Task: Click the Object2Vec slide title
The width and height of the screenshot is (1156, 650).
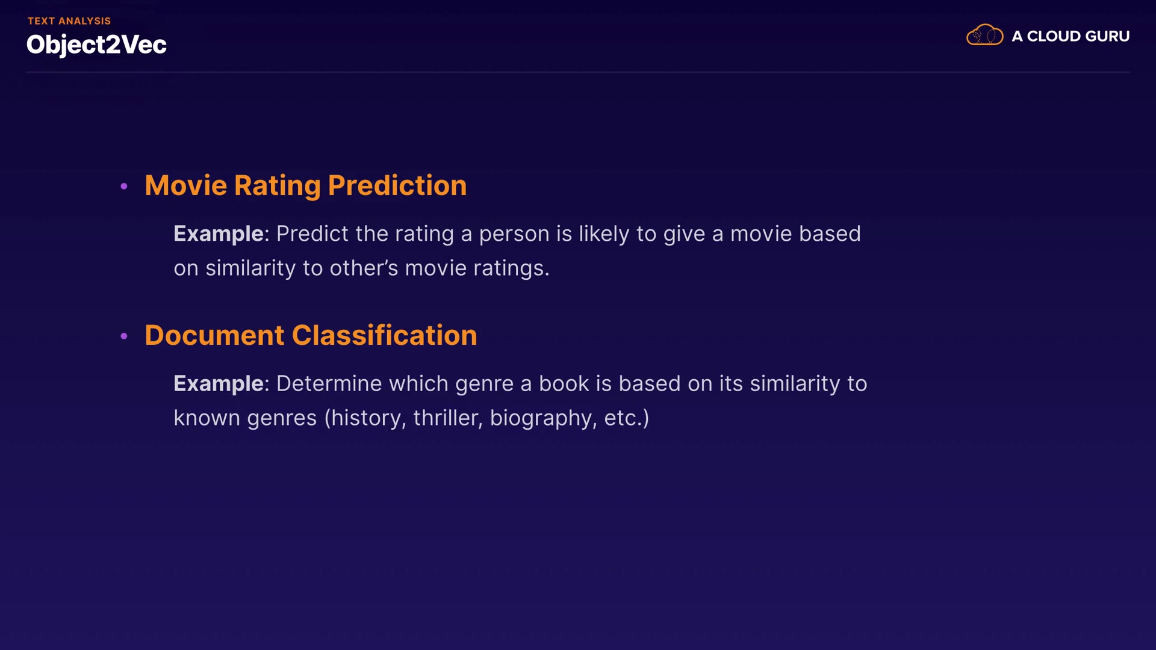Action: click(96, 45)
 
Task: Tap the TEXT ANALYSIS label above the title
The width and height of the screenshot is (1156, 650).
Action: click(69, 21)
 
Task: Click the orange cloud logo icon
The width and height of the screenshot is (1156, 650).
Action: click(984, 35)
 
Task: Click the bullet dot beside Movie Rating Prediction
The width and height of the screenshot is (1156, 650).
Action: click(124, 187)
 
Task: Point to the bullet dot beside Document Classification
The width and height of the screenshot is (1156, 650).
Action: click(124, 336)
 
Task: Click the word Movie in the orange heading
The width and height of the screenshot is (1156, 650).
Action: click(186, 185)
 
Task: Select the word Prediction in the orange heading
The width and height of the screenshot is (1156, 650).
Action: click(397, 185)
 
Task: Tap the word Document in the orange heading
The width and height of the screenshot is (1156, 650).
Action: click(214, 335)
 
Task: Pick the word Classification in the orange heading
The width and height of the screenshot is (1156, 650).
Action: click(385, 335)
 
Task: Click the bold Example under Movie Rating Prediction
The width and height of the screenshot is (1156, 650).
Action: click(219, 234)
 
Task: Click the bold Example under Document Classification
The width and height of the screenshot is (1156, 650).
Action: click(219, 384)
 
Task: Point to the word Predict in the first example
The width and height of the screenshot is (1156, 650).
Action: click(312, 234)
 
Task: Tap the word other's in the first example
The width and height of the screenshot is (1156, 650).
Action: click(364, 268)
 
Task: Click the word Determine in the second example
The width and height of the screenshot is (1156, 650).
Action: click(329, 383)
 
